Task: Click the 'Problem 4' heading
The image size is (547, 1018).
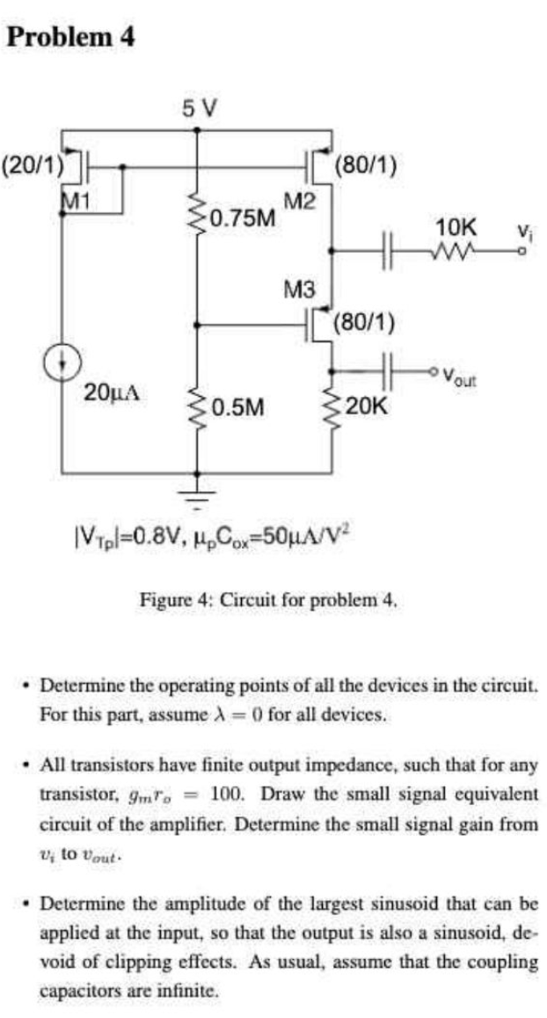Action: click(69, 37)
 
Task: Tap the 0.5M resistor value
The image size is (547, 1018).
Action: click(237, 406)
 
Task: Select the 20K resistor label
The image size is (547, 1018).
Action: click(366, 406)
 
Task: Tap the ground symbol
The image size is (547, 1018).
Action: click(196, 495)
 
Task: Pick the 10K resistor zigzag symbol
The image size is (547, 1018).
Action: click(459, 253)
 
